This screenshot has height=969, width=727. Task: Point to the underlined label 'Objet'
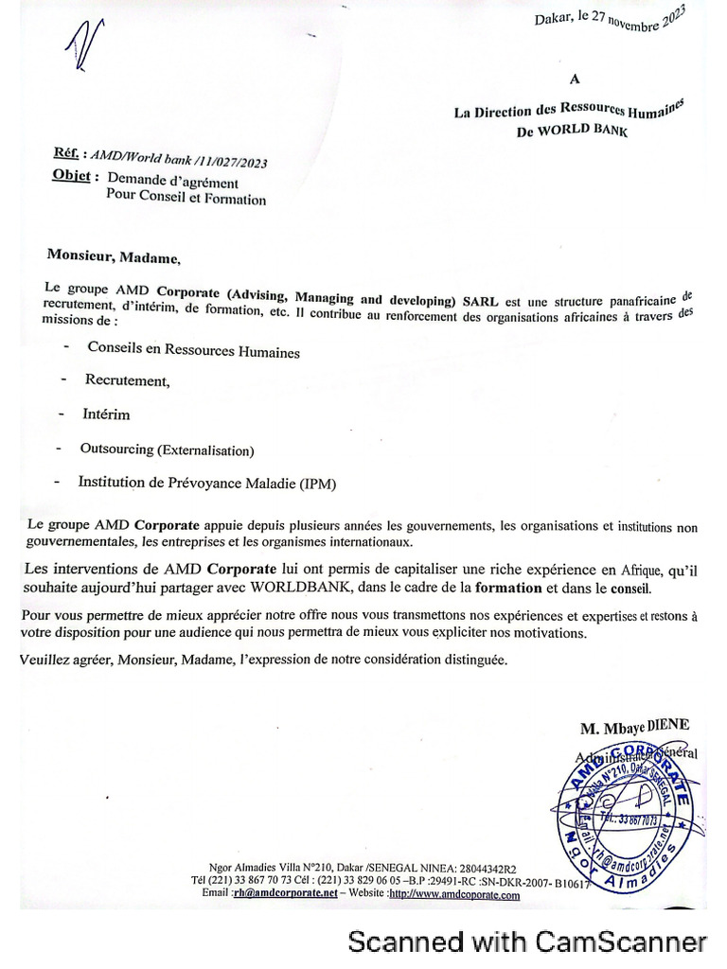click(71, 177)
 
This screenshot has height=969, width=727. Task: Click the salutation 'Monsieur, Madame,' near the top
click(113, 256)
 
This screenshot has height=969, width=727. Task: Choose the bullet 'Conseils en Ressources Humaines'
click(193, 350)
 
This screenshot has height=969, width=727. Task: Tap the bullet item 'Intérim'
click(106, 414)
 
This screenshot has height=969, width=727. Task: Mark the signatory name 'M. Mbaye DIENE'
click(635, 726)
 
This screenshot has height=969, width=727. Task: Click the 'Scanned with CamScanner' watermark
click(527, 942)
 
